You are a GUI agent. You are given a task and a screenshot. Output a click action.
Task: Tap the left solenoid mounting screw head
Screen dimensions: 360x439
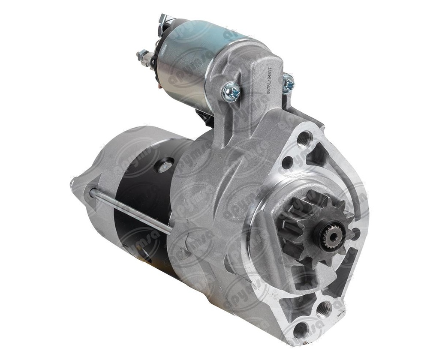232,92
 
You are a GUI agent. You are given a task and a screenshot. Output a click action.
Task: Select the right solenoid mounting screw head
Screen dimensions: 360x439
288,82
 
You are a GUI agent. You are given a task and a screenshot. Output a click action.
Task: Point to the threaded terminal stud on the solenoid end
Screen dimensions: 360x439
143,56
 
